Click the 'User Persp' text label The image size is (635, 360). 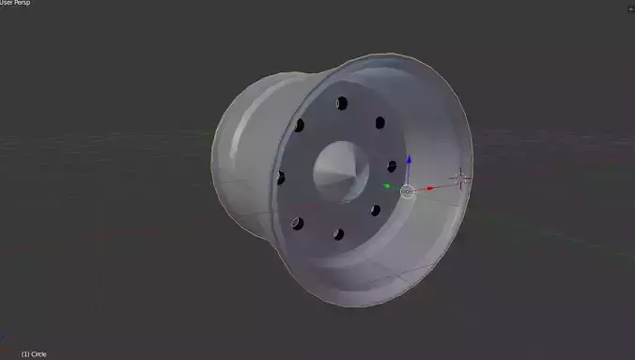[18, 4]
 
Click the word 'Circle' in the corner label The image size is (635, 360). [39, 354]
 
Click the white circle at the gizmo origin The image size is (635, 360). [407, 192]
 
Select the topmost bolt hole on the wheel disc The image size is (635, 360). [342, 102]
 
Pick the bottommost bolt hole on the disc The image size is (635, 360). [338, 233]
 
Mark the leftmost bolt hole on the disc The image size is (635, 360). [280, 177]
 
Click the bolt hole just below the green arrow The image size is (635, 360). [376, 210]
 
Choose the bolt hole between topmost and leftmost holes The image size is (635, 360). [299, 125]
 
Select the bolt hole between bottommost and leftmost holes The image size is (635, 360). [297, 224]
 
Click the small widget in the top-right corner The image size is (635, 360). [629, 8]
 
